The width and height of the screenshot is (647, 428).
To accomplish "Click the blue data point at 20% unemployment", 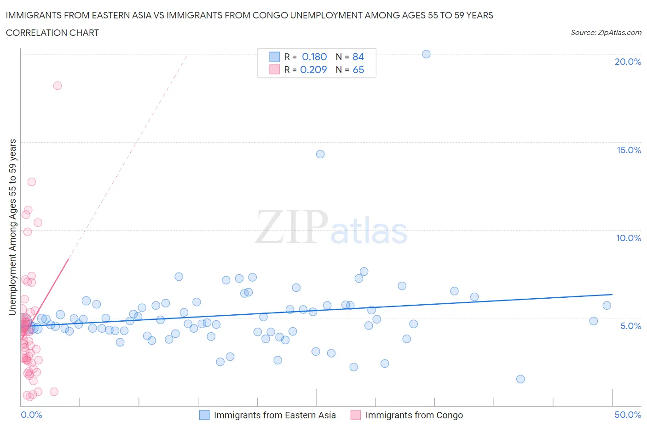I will point(426,54).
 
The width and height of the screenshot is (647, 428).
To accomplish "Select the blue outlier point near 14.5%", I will point(320,154).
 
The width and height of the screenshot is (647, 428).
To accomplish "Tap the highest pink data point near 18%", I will point(58,86).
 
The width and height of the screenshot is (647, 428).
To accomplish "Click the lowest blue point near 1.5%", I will point(520,379).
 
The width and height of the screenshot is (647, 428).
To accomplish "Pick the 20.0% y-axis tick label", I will point(628,62).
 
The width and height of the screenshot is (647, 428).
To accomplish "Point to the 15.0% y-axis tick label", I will point(629,150).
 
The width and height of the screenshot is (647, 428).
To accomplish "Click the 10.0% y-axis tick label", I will point(629,238).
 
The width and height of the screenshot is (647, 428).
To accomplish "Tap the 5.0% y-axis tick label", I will point(630,326).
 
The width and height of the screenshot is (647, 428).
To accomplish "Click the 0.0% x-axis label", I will point(32,415).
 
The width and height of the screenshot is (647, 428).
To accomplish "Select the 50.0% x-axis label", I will point(628,415).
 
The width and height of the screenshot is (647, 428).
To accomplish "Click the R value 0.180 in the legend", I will point(314,57).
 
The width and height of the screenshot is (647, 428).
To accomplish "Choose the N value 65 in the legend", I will point(358,69).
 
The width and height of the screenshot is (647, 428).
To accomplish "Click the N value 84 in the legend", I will point(358,57).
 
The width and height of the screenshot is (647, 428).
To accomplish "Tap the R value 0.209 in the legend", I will point(313,69).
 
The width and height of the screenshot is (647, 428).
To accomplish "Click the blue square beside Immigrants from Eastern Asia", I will point(204,415).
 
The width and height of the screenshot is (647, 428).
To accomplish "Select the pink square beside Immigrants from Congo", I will point(356,415).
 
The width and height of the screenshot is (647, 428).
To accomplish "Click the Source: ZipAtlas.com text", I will point(606,33).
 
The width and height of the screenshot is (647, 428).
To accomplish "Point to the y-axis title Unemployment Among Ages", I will point(13,227).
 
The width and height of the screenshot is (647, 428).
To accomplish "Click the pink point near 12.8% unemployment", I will point(31,182).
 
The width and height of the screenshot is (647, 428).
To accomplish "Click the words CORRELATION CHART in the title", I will point(52,33).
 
